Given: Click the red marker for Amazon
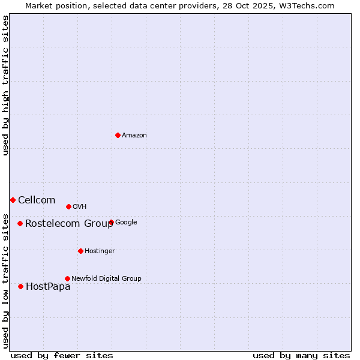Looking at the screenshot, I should point(118,135).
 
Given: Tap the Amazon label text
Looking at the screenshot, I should point(134,136).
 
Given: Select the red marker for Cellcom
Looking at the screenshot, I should point(13,200).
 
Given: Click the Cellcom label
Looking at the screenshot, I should point(37,200).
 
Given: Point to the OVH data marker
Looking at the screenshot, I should point(68,206).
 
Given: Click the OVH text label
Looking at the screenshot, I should point(80,207).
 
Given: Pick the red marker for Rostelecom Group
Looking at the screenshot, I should point(20,223).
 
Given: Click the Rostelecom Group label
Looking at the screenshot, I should point(68,224).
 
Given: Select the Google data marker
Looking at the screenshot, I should point(111,222).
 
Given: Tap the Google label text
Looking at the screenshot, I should point(126,223).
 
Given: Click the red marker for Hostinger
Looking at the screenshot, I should point(80,251).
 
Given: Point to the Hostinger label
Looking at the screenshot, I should point(100,251).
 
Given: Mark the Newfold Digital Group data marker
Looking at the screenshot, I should point(67,278).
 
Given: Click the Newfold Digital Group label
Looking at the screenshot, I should point(106,279).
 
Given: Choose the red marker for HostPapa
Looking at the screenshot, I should point(20,286).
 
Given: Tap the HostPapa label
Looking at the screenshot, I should point(48,287).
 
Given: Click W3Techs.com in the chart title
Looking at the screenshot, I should point(310,6).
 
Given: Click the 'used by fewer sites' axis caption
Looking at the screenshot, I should point(62,355).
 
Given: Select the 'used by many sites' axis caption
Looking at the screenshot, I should point(301,355).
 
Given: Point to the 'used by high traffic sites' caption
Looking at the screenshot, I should point(6,85).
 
